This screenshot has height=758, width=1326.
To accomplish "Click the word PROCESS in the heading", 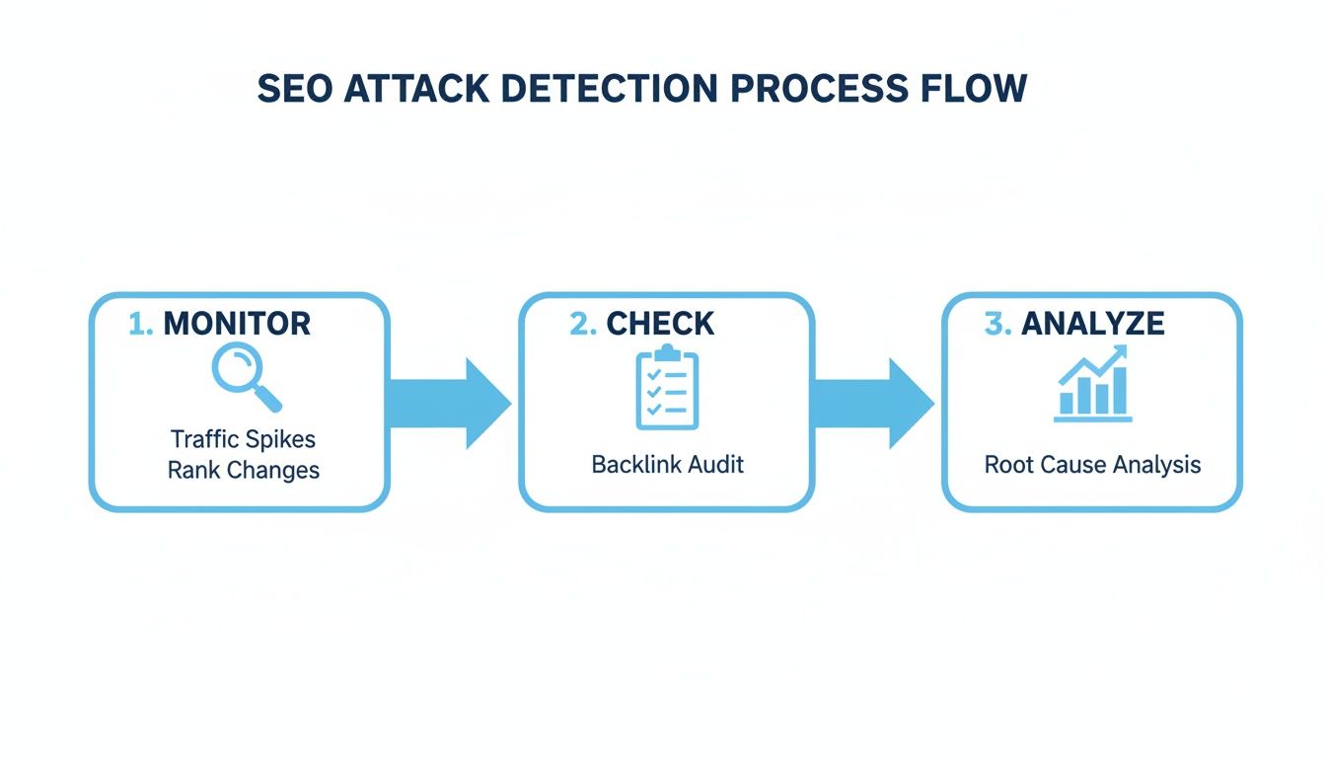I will point(818,89).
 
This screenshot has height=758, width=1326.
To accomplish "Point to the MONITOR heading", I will point(237,323).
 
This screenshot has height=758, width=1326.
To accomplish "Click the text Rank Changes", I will point(243,470).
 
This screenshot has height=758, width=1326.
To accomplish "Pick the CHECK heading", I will point(660,323).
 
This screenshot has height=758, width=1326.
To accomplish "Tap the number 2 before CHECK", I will point(581,323).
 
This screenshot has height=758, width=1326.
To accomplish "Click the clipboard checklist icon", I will point(667,388).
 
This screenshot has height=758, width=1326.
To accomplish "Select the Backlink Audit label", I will point(667,464).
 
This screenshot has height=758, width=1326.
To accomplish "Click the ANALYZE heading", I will point(1092,323).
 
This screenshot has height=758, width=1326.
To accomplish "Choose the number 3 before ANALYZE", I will point(996,323).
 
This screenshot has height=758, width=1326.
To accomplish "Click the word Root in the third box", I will point(1006,464).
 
